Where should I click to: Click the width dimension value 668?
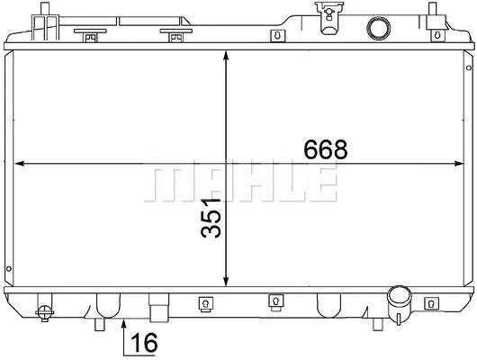click(325, 149)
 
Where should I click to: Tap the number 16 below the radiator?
click(145, 342)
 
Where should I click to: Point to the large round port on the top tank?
click(375, 28)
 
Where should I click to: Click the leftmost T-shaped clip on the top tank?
click(90, 37)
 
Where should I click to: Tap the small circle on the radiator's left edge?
click(8, 267)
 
